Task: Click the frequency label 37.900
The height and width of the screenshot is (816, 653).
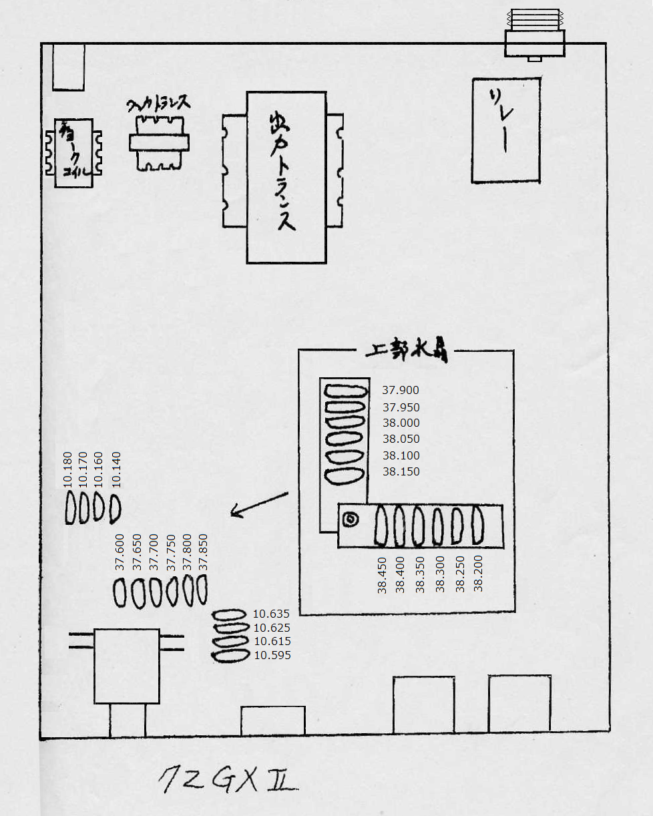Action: [x=401, y=391]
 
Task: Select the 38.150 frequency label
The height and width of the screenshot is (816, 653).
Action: [x=401, y=472]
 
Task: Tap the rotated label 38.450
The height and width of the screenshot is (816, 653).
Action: [x=383, y=575]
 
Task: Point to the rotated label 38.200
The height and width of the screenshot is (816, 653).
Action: [x=478, y=574]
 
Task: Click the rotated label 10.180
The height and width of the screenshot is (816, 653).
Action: [x=67, y=471]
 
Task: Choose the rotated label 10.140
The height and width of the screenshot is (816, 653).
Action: [x=116, y=471]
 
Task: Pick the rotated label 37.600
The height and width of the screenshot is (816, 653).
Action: [x=120, y=552]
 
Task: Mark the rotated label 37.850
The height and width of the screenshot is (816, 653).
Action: [x=204, y=552]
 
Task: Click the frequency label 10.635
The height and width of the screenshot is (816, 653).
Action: [x=272, y=614]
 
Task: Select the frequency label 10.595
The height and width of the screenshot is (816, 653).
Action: [x=272, y=656]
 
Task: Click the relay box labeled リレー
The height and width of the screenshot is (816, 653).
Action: [x=505, y=130]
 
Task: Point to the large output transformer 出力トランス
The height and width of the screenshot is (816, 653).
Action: [x=286, y=178]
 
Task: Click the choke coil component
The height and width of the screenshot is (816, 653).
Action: [x=69, y=153]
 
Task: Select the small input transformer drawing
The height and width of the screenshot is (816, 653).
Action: [x=159, y=142]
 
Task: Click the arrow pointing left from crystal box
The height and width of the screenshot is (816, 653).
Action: [x=259, y=504]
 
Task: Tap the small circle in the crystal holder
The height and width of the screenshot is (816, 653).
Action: [x=349, y=520]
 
